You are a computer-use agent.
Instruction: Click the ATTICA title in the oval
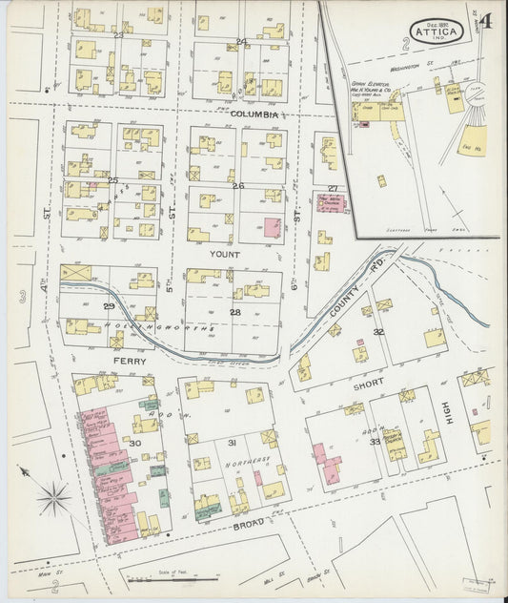pyautogui.click(x=437, y=31)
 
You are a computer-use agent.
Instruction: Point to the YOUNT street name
pyautogui.click(x=225, y=255)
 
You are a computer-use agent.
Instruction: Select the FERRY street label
pyautogui.click(x=128, y=363)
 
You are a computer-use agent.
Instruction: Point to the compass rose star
pyautogui.click(x=53, y=495)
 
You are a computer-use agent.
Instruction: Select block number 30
pyautogui.click(x=134, y=443)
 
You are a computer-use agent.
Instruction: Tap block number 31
pyautogui.click(x=231, y=443)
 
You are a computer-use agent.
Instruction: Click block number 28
pyautogui.click(x=234, y=312)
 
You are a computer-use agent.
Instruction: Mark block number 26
pyautogui.click(x=237, y=185)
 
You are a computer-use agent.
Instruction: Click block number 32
pyautogui.click(x=378, y=332)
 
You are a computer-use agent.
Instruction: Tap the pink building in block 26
pyautogui.click(x=272, y=228)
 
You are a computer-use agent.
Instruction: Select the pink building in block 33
pyautogui.click(x=326, y=462)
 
